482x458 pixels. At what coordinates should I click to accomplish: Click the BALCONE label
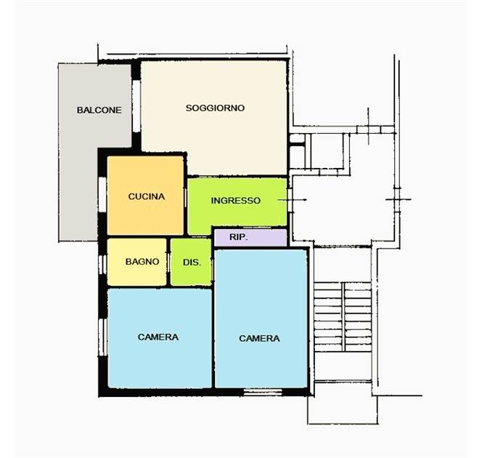pyautogui.click(x=99, y=111)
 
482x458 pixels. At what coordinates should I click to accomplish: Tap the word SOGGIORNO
pyautogui.click(x=215, y=108)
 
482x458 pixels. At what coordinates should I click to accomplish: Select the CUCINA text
pyautogui.click(x=147, y=196)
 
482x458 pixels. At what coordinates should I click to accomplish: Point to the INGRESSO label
pyautogui.click(x=236, y=201)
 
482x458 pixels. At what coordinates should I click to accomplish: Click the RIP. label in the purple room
pyautogui.click(x=239, y=237)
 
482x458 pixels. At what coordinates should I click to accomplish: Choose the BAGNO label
pyautogui.click(x=142, y=262)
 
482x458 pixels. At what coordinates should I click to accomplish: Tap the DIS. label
pyautogui.click(x=192, y=262)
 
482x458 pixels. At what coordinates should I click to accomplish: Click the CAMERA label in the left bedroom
pyautogui.click(x=158, y=337)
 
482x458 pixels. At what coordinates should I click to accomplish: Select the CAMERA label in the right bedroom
pyautogui.click(x=259, y=339)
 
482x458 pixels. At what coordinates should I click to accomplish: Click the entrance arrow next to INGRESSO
pyautogui.click(x=292, y=200)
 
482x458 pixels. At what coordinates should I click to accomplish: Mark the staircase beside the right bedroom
pyautogui.click(x=343, y=317)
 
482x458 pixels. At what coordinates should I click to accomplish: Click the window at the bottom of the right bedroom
pyautogui.click(x=263, y=392)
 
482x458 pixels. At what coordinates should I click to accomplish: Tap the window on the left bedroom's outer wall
pyautogui.click(x=102, y=337)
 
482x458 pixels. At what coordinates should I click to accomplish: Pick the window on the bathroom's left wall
pyautogui.click(x=102, y=265)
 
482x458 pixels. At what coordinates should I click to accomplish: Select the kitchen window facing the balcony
pyautogui.click(x=102, y=194)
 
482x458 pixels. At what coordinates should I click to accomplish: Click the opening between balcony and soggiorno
pyautogui.click(x=136, y=106)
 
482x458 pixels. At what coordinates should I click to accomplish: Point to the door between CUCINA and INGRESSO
pyautogui.click(x=185, y=197)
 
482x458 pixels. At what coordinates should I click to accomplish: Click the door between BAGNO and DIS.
pyautogui.click(x=168, y=262)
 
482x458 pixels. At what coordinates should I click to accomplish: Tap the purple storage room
pyautogui.click(x=250, y=237)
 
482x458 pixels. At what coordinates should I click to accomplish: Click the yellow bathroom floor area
pyautogui.click(x=136, y=262)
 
